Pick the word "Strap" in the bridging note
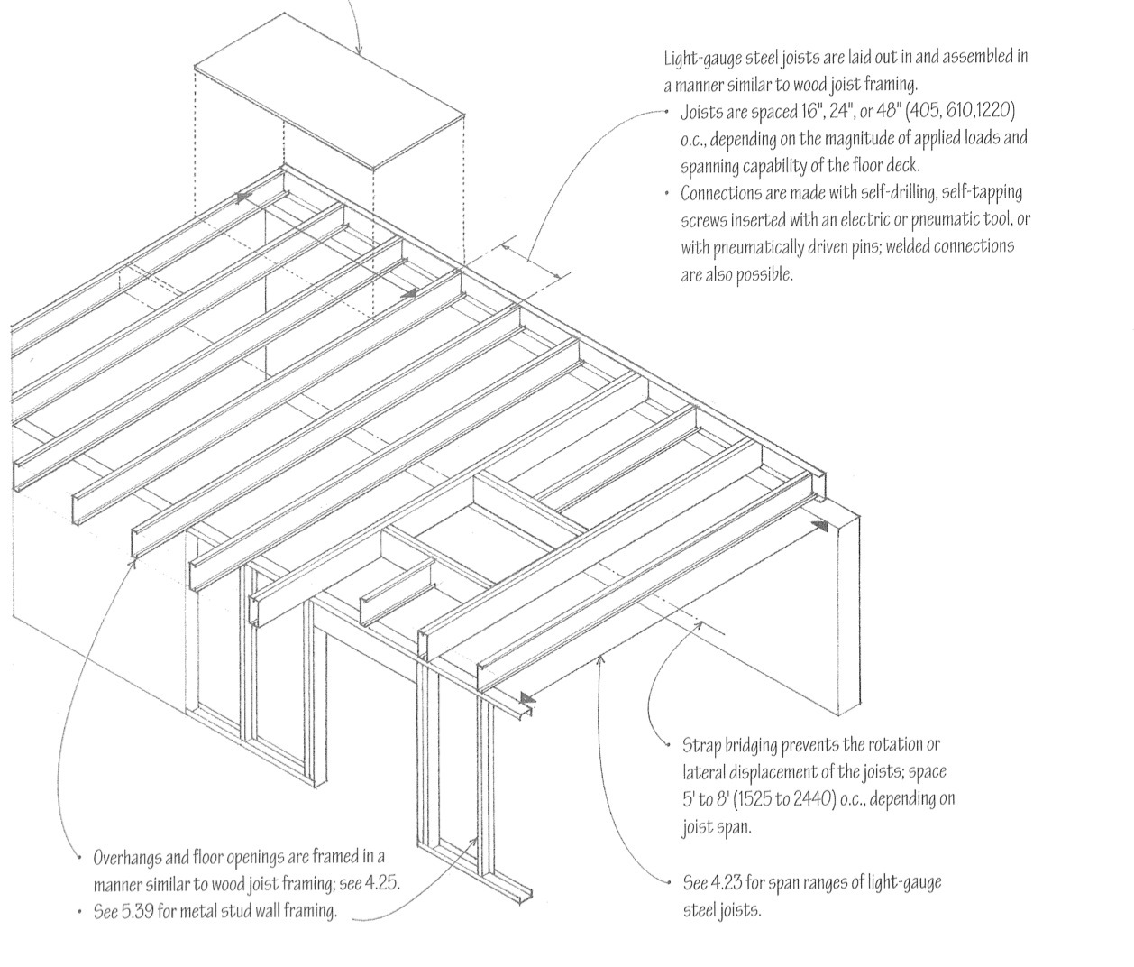[x=702, y=746]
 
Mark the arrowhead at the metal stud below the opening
[x=472, y=842]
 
